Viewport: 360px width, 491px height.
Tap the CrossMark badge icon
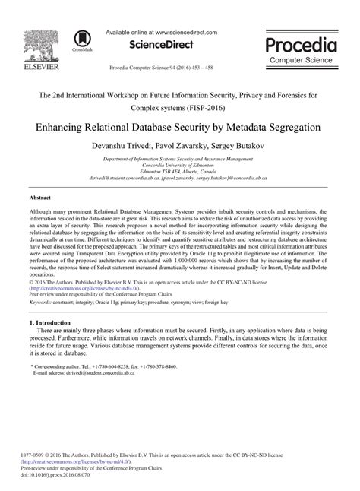click(79, 40)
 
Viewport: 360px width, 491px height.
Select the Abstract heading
click(39, 196)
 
